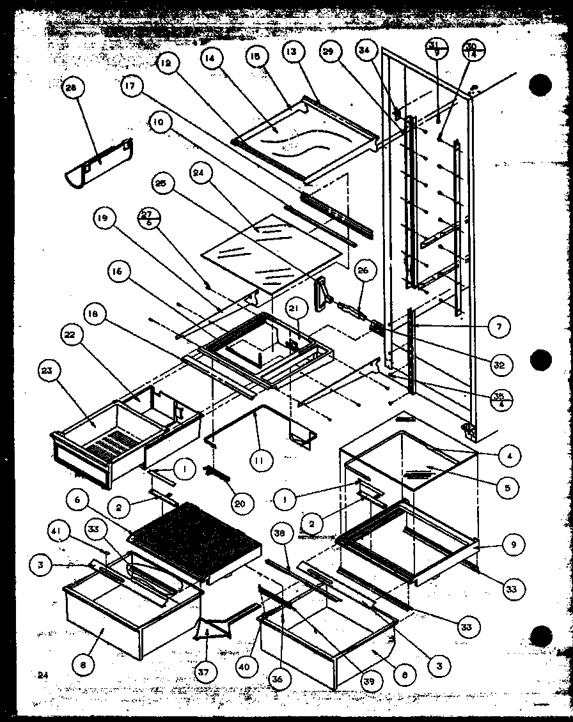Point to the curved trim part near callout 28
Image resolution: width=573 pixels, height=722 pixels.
[100, 165]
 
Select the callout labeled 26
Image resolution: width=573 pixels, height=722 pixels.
[363, 271]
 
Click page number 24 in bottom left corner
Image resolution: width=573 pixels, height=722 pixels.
[42, 675]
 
